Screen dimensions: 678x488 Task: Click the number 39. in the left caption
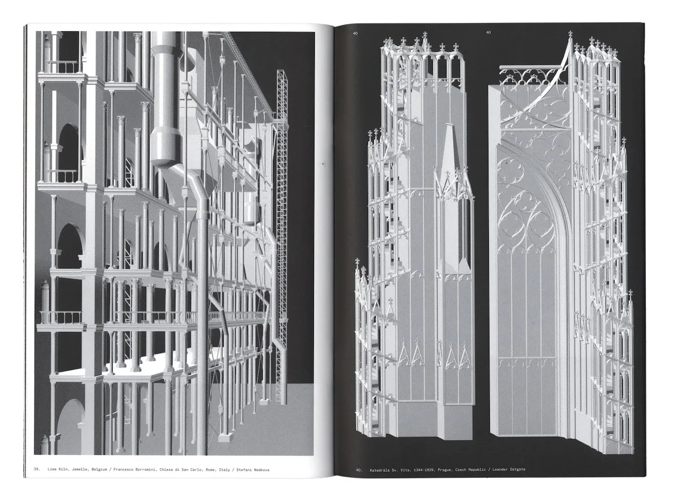click(x=37, y=469)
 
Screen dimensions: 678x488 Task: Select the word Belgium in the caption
click(x=99, y=469)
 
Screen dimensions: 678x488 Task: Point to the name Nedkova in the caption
click(x=261, y=469)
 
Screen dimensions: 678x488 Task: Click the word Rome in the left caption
click(x=211, y=469)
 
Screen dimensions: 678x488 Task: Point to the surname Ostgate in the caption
click(x=518, y=469)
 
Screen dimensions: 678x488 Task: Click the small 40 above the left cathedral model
click(x=355, y=33)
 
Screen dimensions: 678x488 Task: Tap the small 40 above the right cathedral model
click(x=488, y=32)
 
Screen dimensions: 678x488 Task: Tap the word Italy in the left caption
click(x=225, y=469)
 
